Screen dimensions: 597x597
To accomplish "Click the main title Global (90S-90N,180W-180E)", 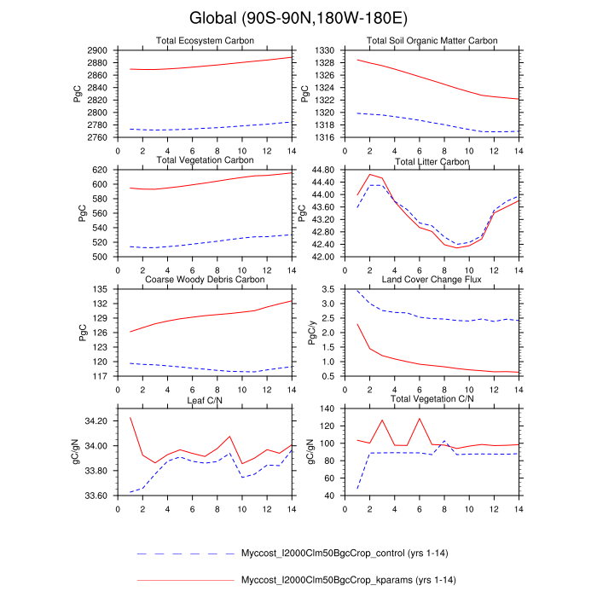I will [x=298, y=18].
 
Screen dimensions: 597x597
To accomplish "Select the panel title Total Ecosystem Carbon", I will [x=205, y=41].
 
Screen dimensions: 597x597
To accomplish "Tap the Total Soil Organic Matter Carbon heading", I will [x=432, y=41].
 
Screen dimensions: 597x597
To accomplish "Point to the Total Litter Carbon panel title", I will [x=432, y=161].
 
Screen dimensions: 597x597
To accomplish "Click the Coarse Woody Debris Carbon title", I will [x=205, y=280].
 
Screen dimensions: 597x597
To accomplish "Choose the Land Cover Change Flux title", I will [x=432, y=280].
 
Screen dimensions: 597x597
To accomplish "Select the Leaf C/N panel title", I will [x=205, y=399].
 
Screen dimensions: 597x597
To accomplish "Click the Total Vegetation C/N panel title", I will [x=432, y=399].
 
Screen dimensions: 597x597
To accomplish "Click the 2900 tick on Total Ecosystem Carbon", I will [x=98, y=50].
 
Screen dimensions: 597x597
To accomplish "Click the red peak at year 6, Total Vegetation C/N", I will [x=420, y=418].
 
